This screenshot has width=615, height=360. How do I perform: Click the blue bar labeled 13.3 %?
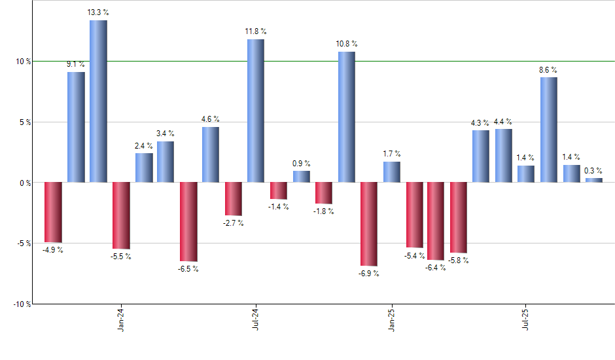98,101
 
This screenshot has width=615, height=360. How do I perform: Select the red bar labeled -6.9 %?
369,224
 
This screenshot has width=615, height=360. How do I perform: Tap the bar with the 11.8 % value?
256,111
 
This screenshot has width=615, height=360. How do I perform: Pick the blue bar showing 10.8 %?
346,117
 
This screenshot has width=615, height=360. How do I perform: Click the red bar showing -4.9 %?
53,212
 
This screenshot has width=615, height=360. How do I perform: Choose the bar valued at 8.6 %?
549,130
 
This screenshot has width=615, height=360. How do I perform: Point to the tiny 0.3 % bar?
594,180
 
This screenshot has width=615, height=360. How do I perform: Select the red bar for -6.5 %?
188,221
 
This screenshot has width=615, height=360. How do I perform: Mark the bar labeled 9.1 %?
76,127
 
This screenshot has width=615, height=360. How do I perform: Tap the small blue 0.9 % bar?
302,177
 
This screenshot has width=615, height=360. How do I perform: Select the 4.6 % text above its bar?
210,119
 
